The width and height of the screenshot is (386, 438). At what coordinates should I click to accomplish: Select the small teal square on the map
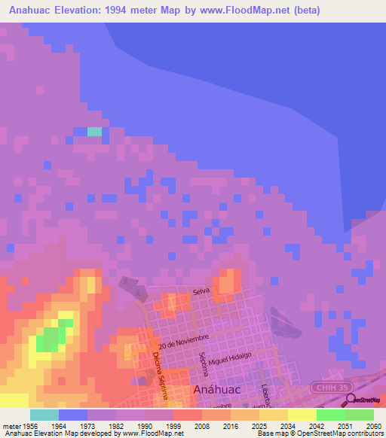94,132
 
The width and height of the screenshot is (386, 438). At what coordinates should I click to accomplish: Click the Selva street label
201,290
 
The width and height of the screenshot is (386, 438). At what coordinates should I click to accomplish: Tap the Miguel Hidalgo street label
234,361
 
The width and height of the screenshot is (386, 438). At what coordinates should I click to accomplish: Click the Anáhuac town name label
218,390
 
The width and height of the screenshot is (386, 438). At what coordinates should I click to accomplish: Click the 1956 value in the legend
29,426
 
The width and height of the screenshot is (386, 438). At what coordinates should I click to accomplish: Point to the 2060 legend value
374,426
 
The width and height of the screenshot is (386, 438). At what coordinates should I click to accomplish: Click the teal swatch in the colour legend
44,415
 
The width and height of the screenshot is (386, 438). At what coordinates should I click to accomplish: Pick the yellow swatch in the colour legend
302,415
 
